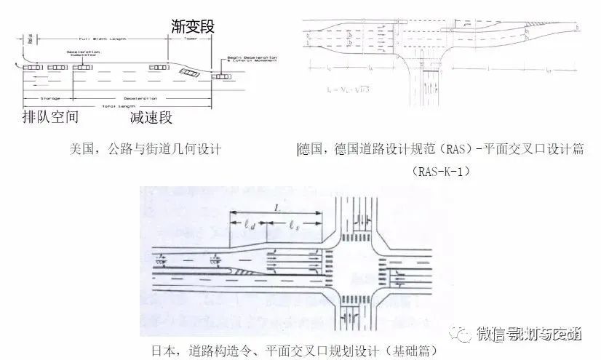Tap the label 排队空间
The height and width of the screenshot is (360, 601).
point(51,116)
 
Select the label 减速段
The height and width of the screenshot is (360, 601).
point(151,116)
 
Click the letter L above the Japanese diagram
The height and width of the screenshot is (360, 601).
point(276,208)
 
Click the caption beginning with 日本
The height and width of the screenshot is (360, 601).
point(294,351)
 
